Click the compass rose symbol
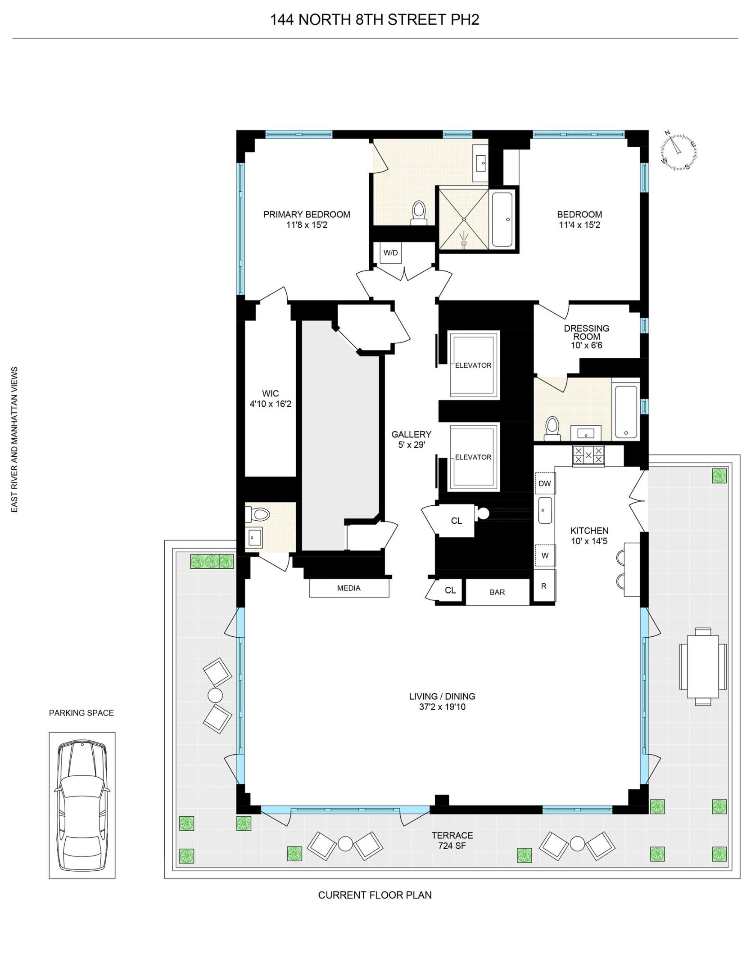(679, 151)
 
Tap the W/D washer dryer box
(390, 253)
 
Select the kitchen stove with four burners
(588, 455)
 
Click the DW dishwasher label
(545, 484)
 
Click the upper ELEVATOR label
(473, 365)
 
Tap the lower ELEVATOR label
(473, 457)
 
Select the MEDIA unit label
(349, 588)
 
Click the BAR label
(497, 592)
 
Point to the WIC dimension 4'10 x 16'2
(271, 404)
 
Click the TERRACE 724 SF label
(452, 840)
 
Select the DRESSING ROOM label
(587, 332)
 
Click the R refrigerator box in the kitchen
(544, 586)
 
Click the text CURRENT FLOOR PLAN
(375, 895)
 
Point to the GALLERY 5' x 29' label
(411, 440)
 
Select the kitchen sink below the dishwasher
(545, 510)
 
